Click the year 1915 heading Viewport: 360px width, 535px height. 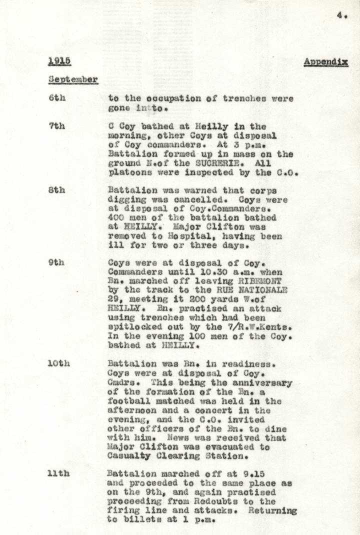(59, 61)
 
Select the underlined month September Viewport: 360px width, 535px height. (73, 79)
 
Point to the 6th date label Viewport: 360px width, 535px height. (57, 98)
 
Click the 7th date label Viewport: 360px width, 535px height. (57, 126)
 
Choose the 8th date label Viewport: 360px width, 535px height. (57, 190)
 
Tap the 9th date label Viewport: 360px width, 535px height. (57, 262)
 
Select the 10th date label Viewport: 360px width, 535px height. (59, 363)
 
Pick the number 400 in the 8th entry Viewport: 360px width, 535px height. (117, 218)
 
